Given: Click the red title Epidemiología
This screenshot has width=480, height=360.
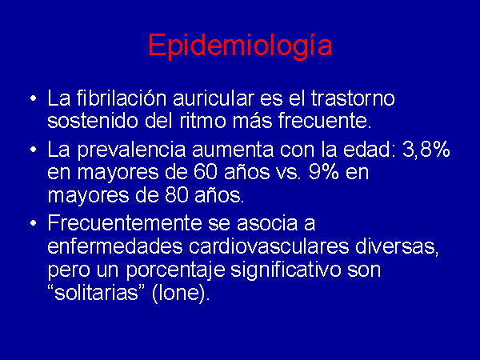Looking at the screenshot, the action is (x=240, y=46).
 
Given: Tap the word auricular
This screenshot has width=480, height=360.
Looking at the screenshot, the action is (x=214, y=98).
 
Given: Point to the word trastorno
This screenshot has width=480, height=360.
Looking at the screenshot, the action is (x=353, y=98).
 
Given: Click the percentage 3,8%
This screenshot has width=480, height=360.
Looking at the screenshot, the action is (x=426, y=150).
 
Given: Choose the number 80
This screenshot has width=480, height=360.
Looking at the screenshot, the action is (x=176, y=195).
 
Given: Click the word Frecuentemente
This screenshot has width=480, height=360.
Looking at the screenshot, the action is (x=125, y=222).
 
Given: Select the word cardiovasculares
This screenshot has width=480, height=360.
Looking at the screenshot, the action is (x=269, y=246).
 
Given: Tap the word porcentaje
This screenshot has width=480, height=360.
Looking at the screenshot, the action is (x=176, y=270).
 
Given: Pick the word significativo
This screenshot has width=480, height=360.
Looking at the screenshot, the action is (x=286, y=270).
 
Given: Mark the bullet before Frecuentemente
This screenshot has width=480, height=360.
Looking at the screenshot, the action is (x=34, y=223).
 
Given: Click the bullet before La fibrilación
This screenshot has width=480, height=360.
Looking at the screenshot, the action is (x=34, y=98).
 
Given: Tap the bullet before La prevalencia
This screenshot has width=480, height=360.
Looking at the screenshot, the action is (x=34, y=150).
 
